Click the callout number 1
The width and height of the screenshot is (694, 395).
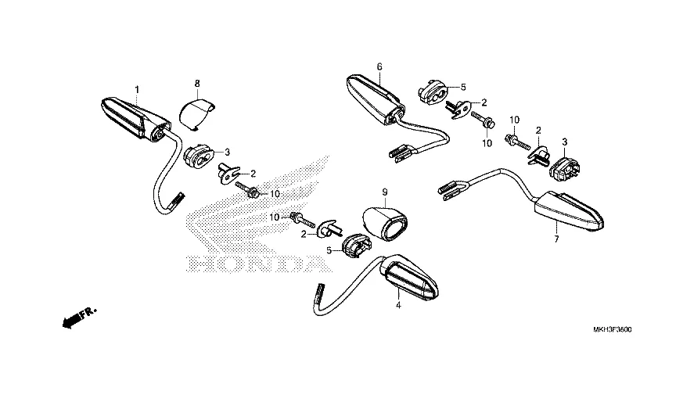point(136,90)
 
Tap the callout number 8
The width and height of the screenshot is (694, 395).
point(197,83)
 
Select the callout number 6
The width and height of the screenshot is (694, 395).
point(379,67)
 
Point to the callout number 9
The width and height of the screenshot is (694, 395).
point(384,192)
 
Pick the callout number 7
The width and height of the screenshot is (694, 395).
point(556,239)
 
